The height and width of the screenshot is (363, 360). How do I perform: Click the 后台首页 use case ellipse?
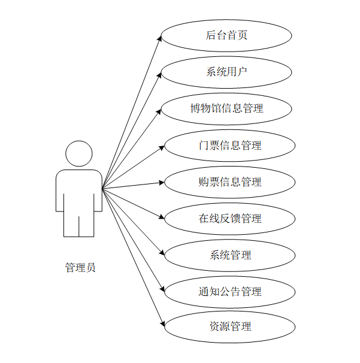point(226,35)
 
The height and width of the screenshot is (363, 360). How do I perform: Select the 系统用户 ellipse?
point(226,72)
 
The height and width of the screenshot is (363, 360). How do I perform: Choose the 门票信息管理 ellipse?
point(230,146)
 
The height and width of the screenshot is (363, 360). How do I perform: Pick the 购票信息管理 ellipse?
point(230,182)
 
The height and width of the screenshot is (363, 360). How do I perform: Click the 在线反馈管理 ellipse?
point(230,219)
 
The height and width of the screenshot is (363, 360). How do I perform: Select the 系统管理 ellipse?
point(230,255)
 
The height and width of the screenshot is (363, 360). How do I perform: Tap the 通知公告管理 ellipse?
point(230,292)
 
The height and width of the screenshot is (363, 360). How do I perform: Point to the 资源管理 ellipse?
point(230,326)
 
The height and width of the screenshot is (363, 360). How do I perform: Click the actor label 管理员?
point(80,268)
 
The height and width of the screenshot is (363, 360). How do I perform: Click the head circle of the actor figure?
point(79,154)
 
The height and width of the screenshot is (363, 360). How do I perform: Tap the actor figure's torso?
point(79,192)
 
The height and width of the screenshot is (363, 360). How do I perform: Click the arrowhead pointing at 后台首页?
point(160,38)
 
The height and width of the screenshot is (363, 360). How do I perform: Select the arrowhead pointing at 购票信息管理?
point(162,182)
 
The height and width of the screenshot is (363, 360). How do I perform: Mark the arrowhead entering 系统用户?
point(160,74)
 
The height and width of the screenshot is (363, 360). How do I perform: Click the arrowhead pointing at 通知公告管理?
point(162,289)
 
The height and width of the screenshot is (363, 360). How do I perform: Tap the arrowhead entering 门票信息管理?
point(162,146)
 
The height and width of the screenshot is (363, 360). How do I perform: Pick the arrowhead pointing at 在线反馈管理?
point(162,217)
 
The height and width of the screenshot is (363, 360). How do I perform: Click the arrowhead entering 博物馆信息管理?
point(160,110)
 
